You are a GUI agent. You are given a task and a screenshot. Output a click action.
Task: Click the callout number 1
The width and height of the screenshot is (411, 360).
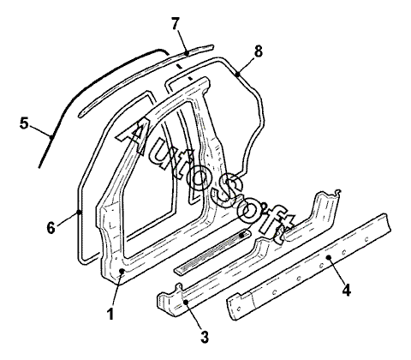tap(110, 314)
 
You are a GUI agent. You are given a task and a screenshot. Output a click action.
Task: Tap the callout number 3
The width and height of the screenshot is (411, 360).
tap(205, 337)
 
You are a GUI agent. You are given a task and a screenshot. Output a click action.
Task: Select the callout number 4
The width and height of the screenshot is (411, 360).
tap(346, 291)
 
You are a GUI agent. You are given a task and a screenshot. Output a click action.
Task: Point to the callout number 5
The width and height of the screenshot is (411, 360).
tap(24, 123)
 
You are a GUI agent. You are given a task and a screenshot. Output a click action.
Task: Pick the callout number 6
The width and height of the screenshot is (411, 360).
tap(51, 228)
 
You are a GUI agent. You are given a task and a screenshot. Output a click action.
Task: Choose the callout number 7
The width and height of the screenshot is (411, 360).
tap(176, 23)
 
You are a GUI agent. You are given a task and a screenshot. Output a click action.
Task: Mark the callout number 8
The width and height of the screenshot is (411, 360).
tap(258, 52)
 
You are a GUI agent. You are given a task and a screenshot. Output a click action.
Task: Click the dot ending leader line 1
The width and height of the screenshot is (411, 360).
tap(122, 271)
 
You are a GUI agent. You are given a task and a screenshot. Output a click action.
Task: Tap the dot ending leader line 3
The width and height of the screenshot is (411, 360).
tap(186, 302)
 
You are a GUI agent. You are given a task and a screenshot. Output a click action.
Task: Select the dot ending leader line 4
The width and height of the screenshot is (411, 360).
tap(329, 257)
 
